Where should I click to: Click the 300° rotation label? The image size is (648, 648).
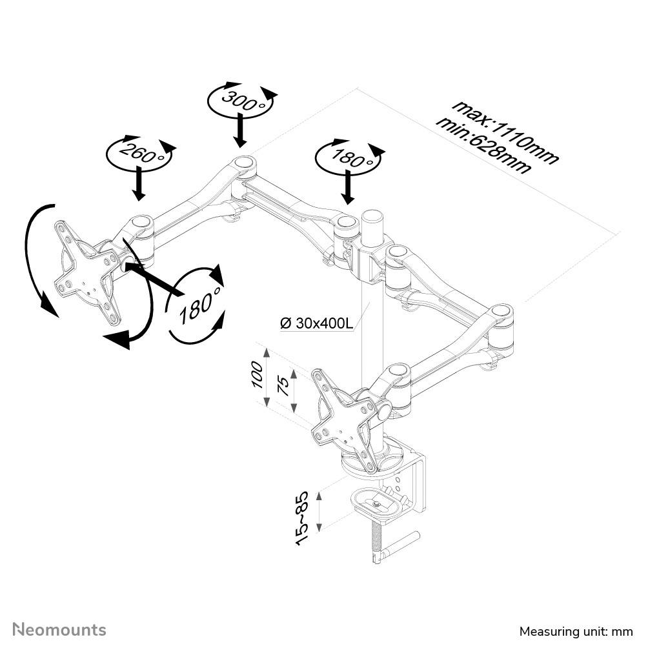239,99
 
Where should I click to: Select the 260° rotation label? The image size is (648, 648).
139,154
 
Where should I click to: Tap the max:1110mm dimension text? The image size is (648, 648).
504,131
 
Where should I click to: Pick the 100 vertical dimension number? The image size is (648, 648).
257,374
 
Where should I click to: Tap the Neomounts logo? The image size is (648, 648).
60,629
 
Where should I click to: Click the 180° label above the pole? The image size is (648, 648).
348,156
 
